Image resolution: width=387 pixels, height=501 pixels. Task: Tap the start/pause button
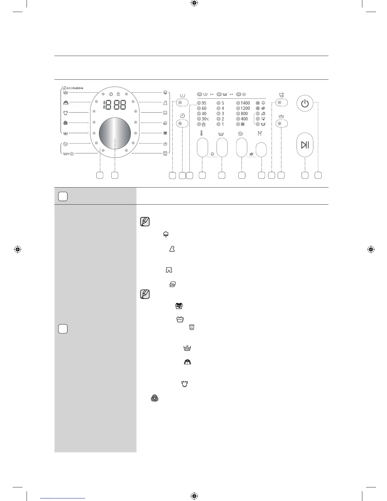click(x=305, y=145)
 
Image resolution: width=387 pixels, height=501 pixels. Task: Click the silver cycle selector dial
click(x=115, y=133)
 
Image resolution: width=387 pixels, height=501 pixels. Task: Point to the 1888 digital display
click(x=115, y=105)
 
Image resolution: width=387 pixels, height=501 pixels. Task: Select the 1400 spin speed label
click(x=245, y=103)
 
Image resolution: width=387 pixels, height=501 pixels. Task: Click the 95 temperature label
click(x=204, y=103)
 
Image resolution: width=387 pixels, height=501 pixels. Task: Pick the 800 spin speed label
click(x=244, y=114)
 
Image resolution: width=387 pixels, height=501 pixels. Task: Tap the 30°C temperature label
click(x=205, y=119)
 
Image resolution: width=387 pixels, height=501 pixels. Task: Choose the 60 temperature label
click(x=204, y=108)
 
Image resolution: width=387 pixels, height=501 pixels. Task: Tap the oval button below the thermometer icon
click(x=202, y=147)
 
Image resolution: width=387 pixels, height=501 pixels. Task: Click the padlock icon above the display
click(x=118, y=94)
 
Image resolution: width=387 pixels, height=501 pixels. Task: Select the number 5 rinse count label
click(x=223, y=103)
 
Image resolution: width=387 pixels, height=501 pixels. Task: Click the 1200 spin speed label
click(x=245, y=108)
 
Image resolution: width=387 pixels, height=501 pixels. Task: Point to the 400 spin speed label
click(x=244, y=119)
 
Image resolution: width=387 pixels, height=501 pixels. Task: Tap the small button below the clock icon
click(x=182, y=123)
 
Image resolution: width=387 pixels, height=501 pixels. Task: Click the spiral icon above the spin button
click(x=240, y=134)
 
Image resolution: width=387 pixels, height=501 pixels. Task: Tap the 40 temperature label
click(x=204, y=114)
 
